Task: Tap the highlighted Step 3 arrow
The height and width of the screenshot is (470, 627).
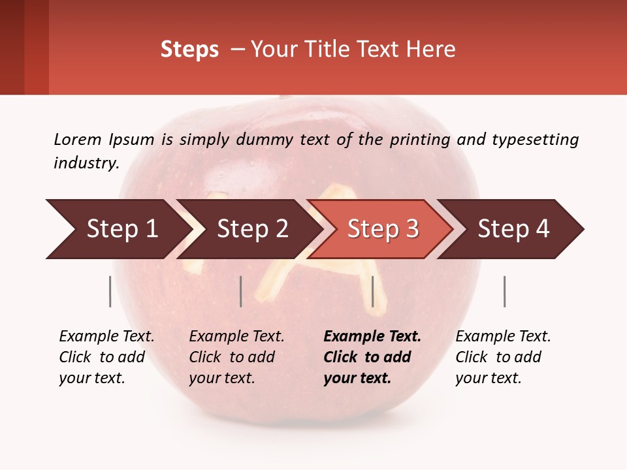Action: point(383,229)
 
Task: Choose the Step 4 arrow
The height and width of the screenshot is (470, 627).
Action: point(513,229)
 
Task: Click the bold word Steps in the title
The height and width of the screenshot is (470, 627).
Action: point(189,50)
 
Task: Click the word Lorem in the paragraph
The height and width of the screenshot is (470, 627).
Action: point(78,139)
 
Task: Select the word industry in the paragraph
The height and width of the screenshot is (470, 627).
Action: point(86,163)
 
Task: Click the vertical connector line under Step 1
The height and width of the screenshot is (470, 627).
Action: point(110,291)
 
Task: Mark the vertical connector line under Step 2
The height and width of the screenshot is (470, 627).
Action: point(241,291)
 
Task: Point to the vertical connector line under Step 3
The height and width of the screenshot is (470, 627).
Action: point(372,291)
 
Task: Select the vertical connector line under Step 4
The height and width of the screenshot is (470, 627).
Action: point(504,291)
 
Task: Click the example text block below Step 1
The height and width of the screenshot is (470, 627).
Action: point(106,357)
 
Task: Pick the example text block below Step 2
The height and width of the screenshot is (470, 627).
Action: point(236,357)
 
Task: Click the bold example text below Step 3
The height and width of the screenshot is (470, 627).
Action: point(372,357)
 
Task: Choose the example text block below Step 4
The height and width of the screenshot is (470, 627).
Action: point(503,357)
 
